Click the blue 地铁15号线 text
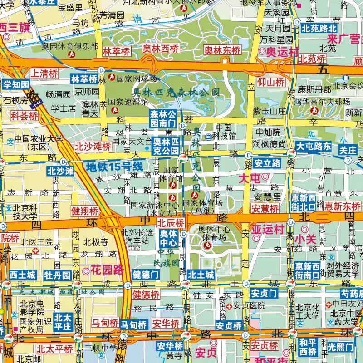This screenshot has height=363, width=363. click(x=114, y=167)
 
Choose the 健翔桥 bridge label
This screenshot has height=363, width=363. click(x=85, y=211)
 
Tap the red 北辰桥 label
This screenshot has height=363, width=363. click(x=171, y=223)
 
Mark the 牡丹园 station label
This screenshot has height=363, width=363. click(x=58, y=275)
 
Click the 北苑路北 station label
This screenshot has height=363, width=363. click(x=319, y=29)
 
